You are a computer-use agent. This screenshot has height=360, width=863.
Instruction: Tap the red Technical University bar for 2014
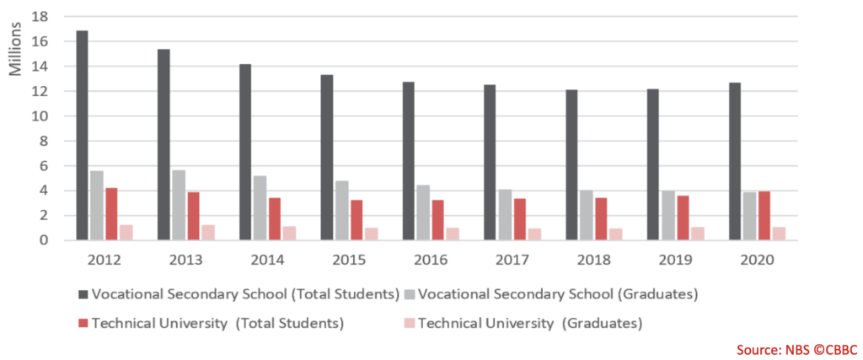pos(275,219)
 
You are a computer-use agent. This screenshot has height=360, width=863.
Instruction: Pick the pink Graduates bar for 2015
pos(371,234)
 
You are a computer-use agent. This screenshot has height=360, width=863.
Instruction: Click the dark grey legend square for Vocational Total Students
pos(83,295)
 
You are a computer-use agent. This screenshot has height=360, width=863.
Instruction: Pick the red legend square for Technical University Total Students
pos(83,323)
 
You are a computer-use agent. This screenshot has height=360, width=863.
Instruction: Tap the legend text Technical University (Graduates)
pos(530,323)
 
